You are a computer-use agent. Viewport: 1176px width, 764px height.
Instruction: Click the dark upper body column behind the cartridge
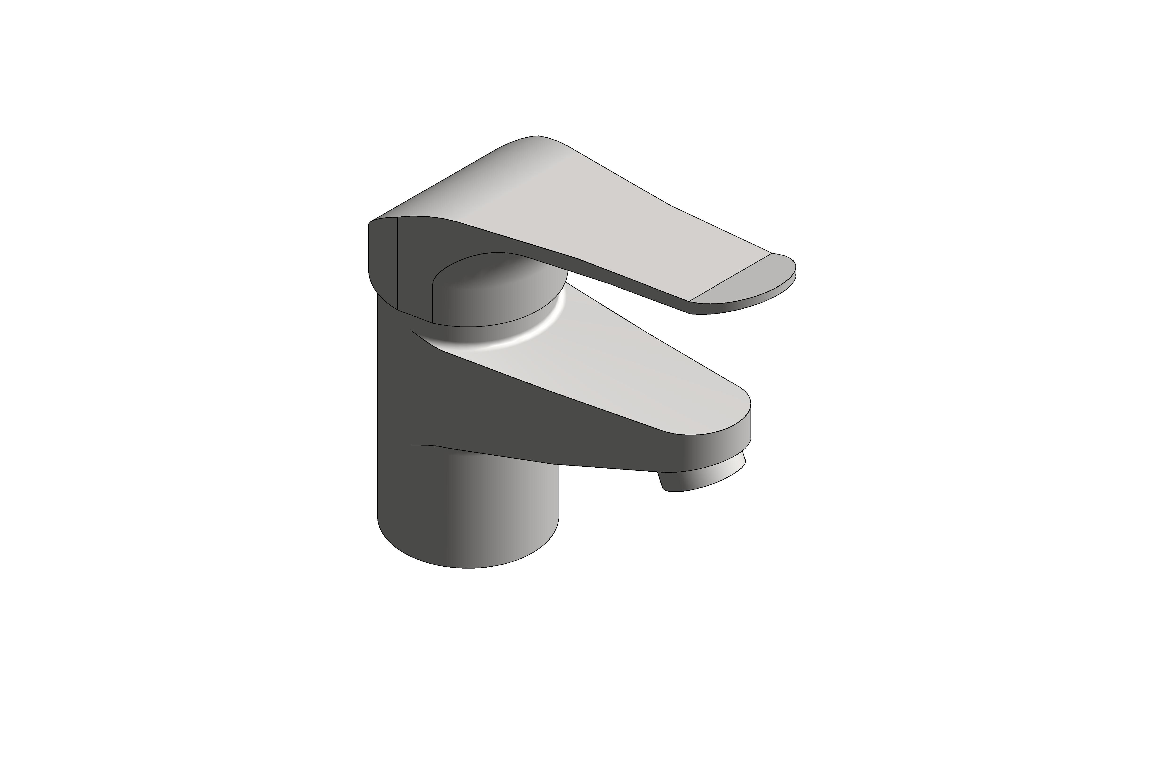(395, 376)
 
